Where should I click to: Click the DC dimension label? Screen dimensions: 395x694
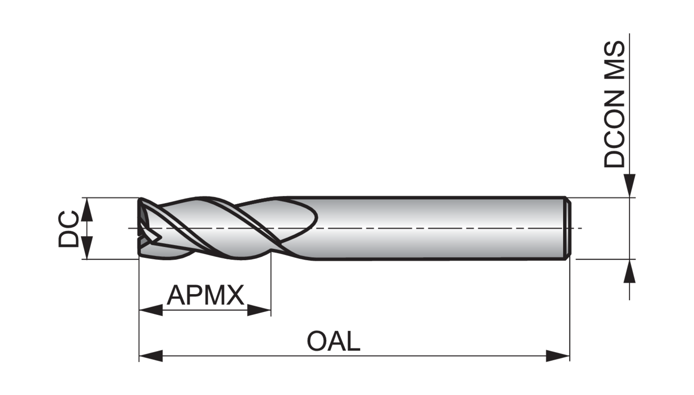69,228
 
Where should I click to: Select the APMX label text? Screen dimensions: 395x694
205,295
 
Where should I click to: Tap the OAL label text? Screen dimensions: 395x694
333,342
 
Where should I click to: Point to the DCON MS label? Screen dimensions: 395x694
615,105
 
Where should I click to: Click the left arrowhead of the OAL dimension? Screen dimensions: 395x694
151,356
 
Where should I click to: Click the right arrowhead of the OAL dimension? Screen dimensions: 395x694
558,356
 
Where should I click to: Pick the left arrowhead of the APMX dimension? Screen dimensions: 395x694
151,310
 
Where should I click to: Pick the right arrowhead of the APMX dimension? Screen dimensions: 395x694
259,310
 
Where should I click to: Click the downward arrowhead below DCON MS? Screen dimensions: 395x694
629,186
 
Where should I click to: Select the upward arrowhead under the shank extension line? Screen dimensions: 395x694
629,271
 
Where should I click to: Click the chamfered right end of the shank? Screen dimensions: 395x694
568,228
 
